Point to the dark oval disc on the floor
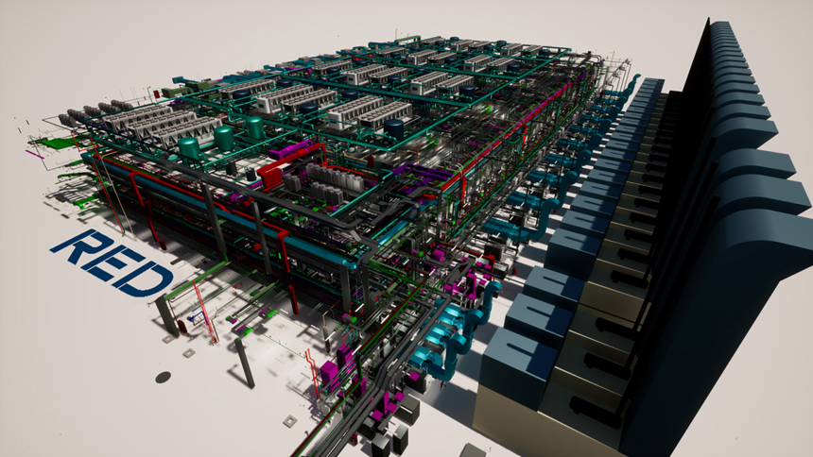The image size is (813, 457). (x=163, y=377)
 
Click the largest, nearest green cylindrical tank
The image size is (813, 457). (x=189, y=147)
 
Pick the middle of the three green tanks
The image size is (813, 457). (x=223, y=138)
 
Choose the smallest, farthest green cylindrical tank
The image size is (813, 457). (x=254, y=127)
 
